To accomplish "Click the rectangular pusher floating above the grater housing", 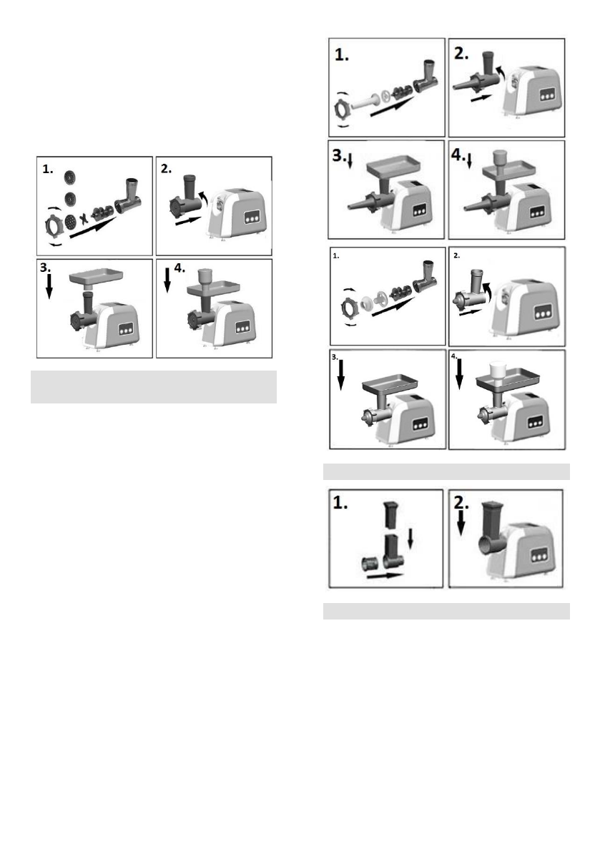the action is tap(390, 515).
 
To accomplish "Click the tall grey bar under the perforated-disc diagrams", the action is tap(154, 387).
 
